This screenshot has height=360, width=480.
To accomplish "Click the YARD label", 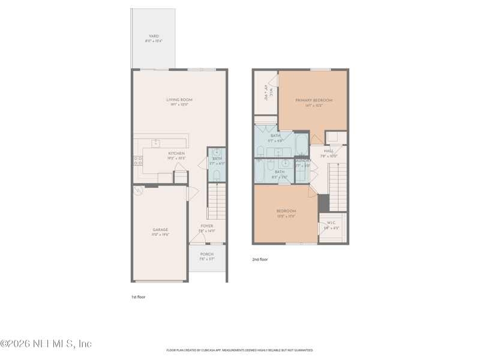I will (154, 36).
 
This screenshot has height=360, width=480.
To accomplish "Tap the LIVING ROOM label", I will (179, 100).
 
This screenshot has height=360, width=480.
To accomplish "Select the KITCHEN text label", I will (176, 154).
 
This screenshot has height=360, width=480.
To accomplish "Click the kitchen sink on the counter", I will (155, 143).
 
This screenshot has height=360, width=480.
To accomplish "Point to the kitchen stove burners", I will (137, 161).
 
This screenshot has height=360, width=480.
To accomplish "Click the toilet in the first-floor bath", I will (217, 175).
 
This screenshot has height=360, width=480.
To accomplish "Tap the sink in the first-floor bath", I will (217, 152).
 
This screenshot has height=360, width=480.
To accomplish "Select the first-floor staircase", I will (215, 202).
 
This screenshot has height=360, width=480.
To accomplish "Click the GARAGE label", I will (160, 230).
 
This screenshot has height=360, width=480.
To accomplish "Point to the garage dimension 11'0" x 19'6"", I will (160, 235).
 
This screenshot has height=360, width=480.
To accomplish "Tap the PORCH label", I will (206, 254).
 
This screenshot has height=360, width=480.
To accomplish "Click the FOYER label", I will (206, 226).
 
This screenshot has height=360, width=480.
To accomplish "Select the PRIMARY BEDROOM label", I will (313, 100).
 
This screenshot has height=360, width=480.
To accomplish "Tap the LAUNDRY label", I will (302, 160).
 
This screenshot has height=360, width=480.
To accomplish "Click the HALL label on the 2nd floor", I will (329, 151).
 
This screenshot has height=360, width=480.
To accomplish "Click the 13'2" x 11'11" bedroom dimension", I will (286, 216).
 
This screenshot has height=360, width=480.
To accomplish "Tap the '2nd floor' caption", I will (260, 260).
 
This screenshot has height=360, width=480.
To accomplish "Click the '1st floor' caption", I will (138, 297).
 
